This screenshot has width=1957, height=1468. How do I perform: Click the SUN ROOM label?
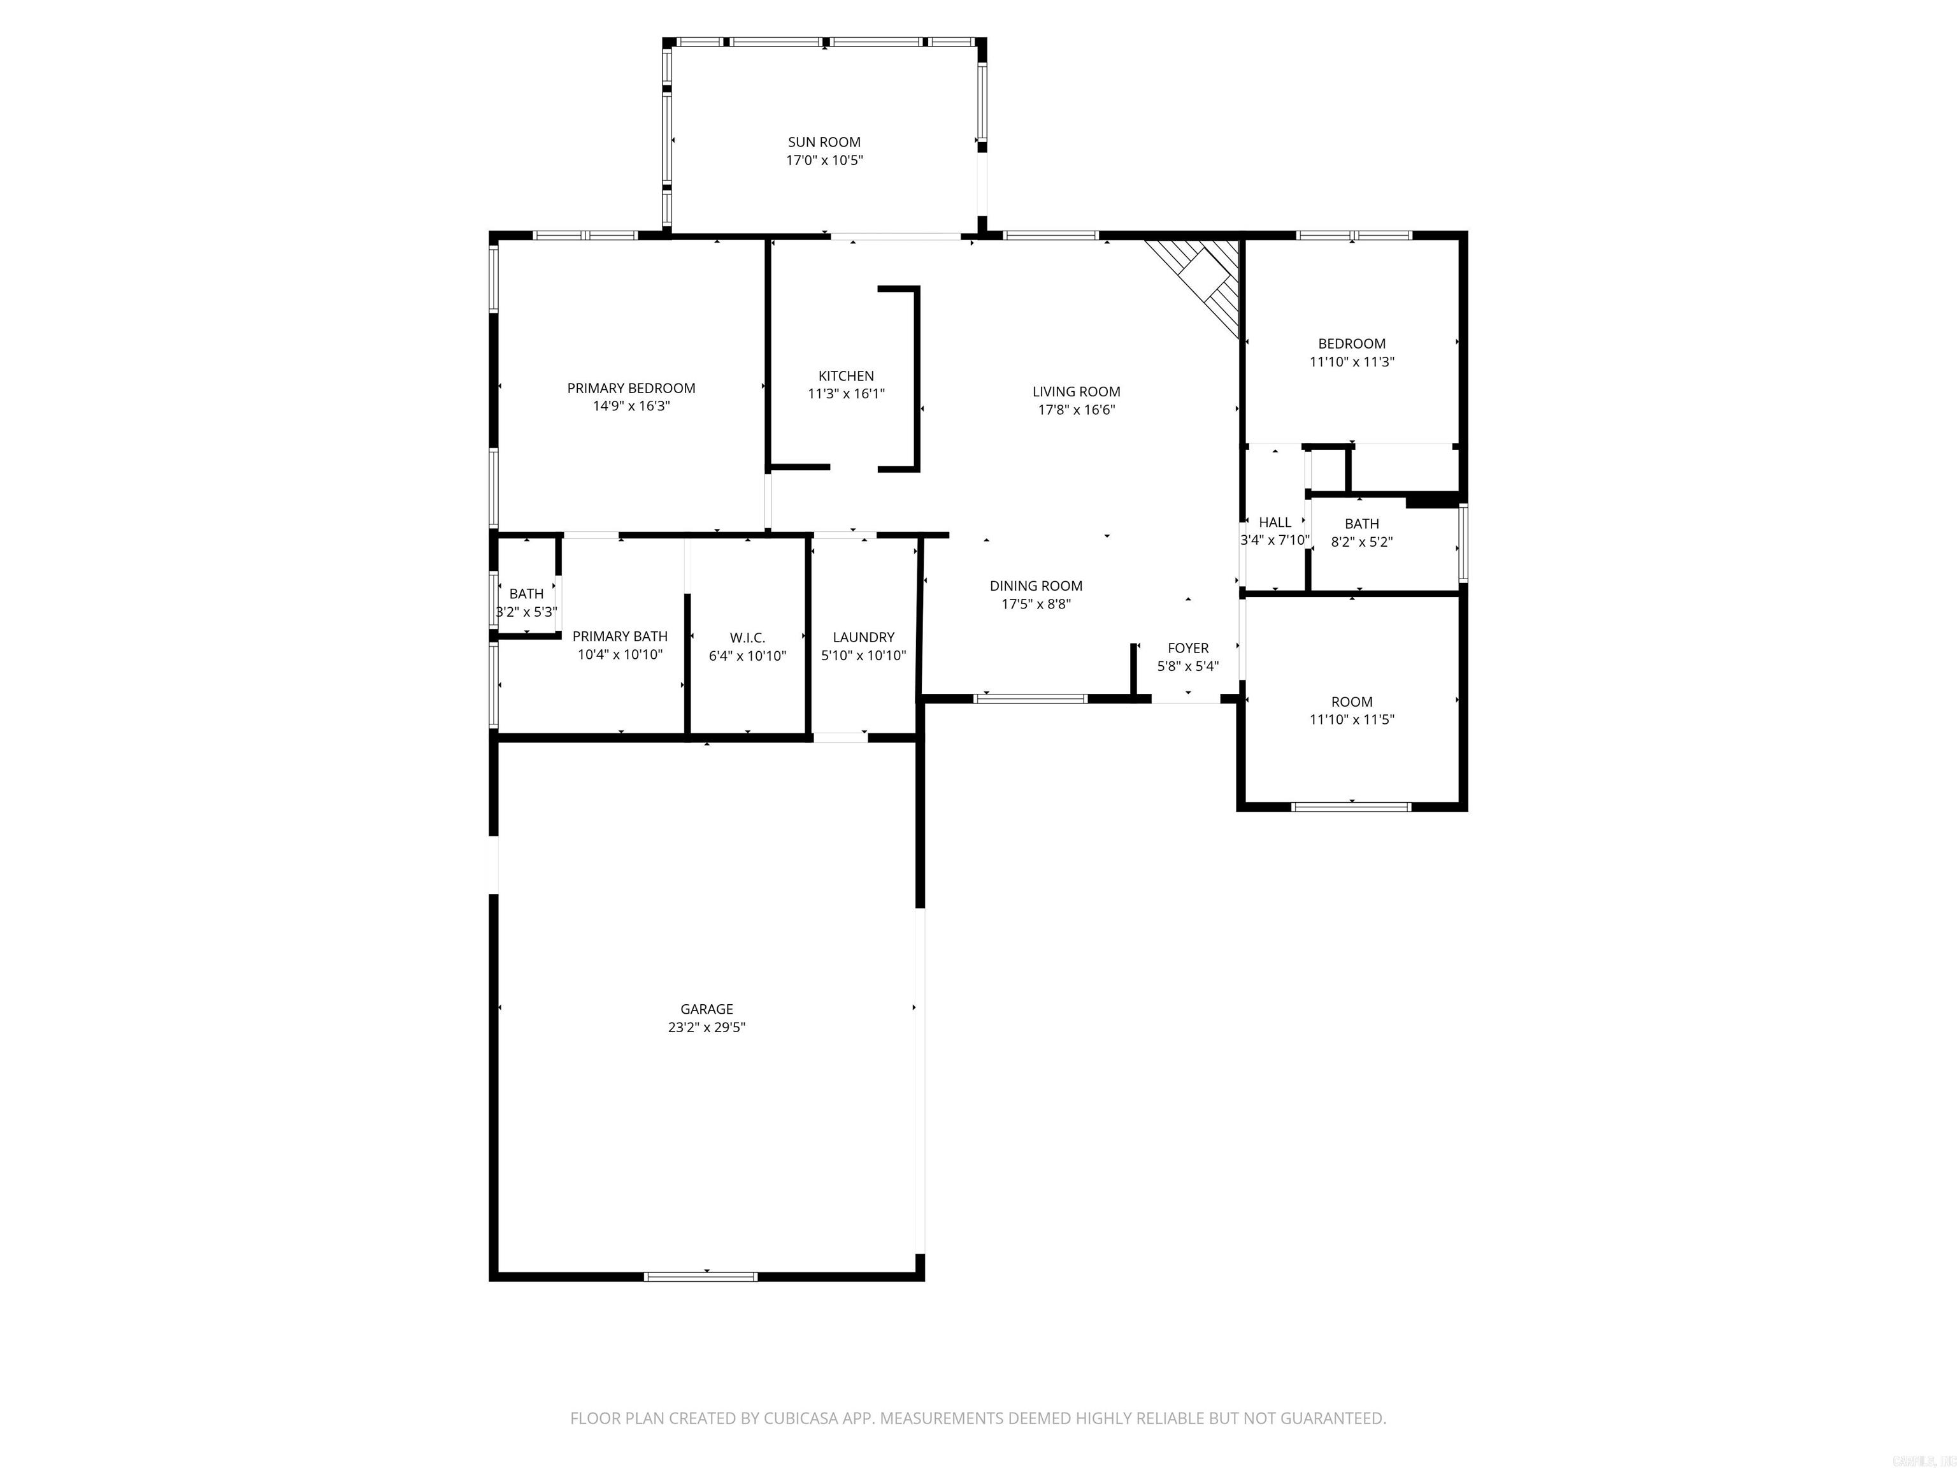824,141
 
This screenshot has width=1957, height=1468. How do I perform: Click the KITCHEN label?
846,376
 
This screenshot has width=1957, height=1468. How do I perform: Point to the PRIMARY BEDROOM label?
631,387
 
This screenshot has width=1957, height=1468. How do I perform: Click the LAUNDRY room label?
863,637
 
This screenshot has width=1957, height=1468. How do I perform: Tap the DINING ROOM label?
1035,586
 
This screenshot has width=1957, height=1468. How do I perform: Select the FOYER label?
1187,648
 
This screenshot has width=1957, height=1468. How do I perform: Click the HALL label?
1274,522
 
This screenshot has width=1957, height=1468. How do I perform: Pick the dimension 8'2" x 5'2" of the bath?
1361,542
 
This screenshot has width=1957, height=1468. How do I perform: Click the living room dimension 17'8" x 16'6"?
1076,410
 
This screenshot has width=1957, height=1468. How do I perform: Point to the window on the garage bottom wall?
700,1276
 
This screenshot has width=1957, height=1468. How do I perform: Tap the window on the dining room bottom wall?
1030,698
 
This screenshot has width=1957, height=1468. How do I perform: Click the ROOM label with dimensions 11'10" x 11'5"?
1351,702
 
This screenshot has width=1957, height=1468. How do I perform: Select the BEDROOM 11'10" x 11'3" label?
1351,343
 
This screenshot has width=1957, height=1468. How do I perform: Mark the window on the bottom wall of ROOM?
1351,806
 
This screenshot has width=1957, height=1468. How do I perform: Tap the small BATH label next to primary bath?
526,594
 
